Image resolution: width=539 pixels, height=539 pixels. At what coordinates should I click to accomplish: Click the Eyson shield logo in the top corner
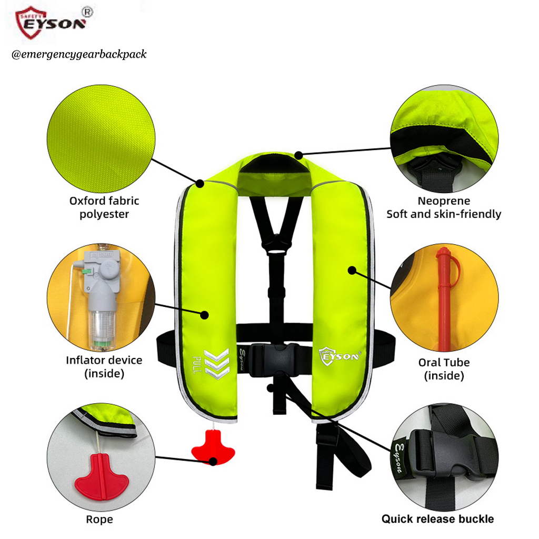(53, 22)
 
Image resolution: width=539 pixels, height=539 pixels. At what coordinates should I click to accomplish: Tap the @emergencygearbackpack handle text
(79, 54)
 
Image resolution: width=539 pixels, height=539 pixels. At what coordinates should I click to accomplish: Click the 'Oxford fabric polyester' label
(104, 207)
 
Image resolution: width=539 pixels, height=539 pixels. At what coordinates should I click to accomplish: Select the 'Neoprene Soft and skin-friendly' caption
(444, 207)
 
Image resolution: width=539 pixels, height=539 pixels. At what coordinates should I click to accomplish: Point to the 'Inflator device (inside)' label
(104, 367)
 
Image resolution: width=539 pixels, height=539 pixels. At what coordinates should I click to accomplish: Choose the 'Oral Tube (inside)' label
(444, 369)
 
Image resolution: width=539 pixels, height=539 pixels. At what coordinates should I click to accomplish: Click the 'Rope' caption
(99, 519)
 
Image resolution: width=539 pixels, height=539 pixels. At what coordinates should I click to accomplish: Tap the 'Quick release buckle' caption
(437, 518)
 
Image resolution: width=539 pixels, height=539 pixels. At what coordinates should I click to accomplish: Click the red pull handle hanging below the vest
(213, 447)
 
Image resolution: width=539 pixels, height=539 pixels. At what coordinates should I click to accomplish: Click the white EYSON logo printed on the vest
(340, 356)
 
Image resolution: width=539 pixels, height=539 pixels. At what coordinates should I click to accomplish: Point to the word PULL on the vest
(197, 365)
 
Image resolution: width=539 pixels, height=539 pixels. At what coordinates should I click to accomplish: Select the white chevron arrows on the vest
(216, 364)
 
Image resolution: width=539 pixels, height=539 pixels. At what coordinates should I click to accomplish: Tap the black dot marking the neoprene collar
(299, 155)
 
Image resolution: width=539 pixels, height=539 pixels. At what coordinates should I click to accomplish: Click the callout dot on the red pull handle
(213, 461)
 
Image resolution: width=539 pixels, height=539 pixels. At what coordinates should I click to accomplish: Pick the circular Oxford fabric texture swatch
(101, 138)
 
